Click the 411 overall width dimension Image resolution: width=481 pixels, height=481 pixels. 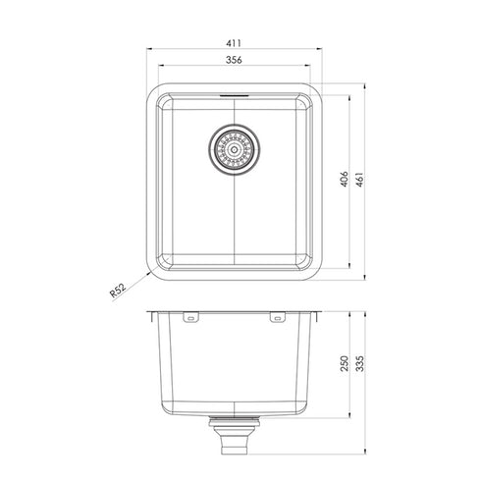click(234, 43)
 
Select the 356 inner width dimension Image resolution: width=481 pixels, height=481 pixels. click(234, 60)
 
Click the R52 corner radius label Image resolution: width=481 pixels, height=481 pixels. click(118, 292)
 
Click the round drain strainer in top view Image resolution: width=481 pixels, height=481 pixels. click(234, 149)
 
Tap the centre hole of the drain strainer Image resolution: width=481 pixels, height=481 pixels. click(234, 149)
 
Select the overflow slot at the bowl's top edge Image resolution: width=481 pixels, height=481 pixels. click(234, 96)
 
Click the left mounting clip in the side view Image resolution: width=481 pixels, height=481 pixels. click(190, 318)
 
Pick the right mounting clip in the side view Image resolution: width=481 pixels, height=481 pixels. click(277, 318)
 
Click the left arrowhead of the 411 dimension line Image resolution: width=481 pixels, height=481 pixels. click(148, 50)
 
